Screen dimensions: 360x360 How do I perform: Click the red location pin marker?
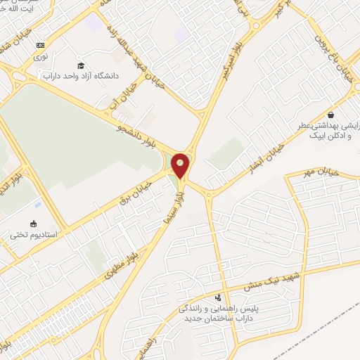pyautogui.click(x=181, y=165)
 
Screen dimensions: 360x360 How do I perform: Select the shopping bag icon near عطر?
pyautogui.click(x=330, y=115)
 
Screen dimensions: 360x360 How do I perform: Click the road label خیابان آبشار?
pyautogui.click(x=257, y=147)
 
